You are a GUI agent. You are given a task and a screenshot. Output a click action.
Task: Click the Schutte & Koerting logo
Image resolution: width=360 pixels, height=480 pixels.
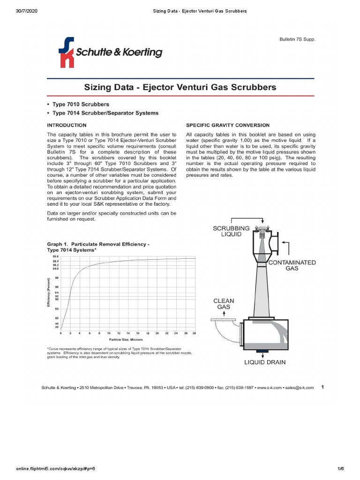tap(110, 52)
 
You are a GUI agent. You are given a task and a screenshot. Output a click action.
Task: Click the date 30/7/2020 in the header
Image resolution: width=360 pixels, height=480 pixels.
tap(25, 11)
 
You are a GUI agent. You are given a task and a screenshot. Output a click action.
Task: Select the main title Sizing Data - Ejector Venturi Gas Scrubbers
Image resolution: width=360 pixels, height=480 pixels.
tap(180, 87)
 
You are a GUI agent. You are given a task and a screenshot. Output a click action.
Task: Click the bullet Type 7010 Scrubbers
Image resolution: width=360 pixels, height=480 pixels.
tap(81, 104)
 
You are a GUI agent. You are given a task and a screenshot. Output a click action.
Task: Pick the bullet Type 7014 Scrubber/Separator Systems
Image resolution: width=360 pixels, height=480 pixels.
tap(105, 113)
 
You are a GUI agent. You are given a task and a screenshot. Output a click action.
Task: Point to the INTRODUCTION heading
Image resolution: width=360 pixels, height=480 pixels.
tap(67, 125)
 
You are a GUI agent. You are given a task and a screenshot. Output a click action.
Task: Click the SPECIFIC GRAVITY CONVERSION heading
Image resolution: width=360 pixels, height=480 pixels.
tap(228, 125)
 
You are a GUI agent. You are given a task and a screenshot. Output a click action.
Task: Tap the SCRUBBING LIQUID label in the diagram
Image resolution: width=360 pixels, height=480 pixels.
tap(228, 231)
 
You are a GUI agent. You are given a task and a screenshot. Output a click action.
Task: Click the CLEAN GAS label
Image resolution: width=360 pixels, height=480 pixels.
tap(224, 304)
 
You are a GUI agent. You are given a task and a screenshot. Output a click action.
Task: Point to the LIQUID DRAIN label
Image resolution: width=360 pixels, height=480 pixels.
tap(264, 362)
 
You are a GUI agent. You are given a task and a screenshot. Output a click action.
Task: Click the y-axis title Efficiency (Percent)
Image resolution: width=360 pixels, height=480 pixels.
tap(48, 292)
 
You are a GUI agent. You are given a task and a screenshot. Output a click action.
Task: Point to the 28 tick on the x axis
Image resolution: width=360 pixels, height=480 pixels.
tap(194, 333)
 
